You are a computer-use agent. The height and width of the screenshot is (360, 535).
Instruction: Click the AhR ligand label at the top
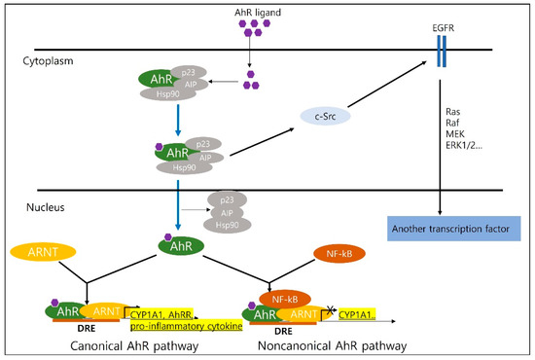pyautogui.click(x=252, y=11)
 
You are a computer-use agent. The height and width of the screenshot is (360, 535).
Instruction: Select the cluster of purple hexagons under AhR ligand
pyautogui.click(x=252, y=32)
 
